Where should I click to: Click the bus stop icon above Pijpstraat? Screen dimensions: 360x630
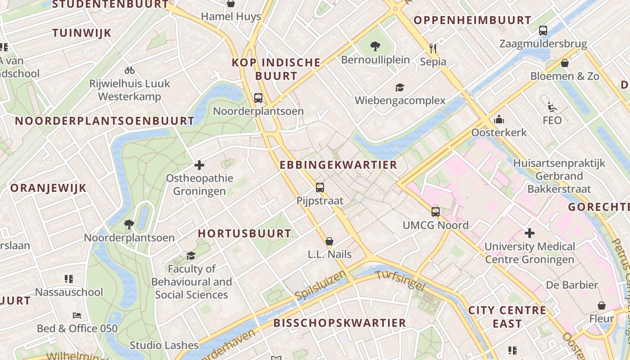click(x=320, y=188)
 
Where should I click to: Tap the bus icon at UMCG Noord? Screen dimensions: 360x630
click(x=436, y=211)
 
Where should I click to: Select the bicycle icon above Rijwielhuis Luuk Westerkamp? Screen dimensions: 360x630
click(x=130, y=70)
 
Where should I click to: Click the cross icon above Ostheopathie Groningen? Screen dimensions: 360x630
click(x=199, y=165)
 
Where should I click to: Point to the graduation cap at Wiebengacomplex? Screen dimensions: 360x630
click(x=400, y=87)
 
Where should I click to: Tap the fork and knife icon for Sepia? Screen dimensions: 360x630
click(x=433, y=48)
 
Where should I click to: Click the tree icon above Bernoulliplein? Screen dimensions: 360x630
click(x=375, y=46)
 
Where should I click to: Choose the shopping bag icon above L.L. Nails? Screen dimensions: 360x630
click(x=329, y=241)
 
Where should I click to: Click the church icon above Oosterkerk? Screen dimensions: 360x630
click(x=499, y=120)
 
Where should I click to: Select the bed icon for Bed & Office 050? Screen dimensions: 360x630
click(x=77, y=315)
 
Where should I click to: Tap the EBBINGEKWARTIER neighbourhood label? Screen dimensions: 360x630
click(x=338, y=165)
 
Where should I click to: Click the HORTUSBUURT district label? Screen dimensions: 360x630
click(x=244, y=233)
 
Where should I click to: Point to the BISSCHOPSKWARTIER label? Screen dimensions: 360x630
click(x=339, y=323)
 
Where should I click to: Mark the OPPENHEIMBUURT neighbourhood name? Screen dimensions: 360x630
click(x=472, y=20)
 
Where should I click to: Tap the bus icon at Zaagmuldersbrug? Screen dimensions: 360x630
click(x=543, y=31)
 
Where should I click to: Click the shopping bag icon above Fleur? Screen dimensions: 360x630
click(x=602, y=306)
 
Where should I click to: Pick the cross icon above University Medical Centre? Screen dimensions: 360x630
click(x=530, y=233)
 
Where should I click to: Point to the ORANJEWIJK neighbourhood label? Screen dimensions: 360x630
click(x=48, y=188)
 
